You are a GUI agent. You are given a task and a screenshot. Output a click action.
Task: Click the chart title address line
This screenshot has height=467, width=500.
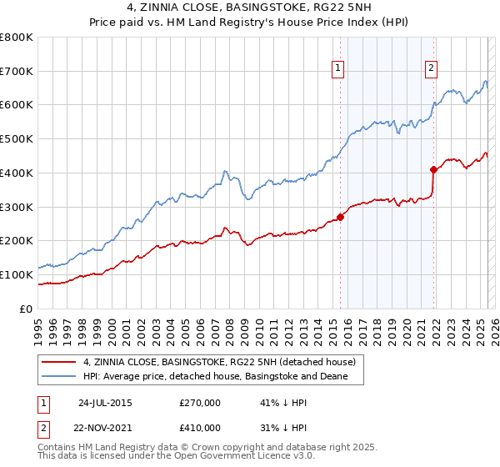250,10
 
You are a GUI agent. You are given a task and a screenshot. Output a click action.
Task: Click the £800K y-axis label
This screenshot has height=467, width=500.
17,38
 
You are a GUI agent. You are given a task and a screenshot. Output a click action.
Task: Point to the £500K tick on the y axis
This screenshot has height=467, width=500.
17,139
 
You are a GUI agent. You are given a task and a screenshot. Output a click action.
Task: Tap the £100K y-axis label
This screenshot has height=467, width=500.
17,274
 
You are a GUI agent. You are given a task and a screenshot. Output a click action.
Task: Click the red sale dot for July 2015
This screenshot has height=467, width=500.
340,218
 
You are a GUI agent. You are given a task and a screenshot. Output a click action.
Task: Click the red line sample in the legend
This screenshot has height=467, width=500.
58,362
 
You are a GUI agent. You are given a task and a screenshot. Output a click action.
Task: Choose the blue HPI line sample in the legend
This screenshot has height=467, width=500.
58,377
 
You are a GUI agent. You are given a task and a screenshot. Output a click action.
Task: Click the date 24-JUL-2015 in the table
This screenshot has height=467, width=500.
104,403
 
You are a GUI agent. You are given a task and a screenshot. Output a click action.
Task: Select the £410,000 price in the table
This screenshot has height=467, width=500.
200,428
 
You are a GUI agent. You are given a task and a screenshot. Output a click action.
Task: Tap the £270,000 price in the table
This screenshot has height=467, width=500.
200,403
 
